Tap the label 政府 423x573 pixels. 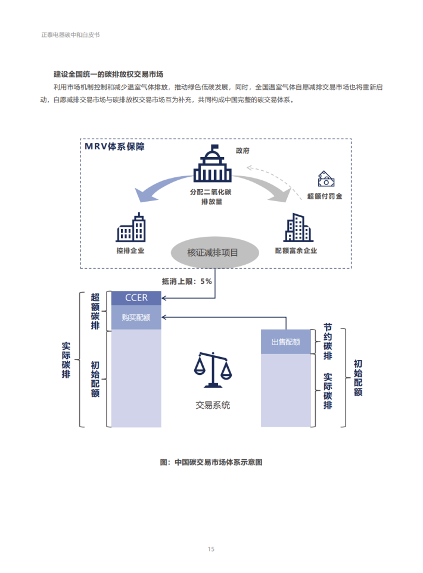coord(242,151)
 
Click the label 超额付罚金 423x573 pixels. coord(325,196)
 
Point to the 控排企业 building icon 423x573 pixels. coord(131,227)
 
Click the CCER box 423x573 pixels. coord(136,298)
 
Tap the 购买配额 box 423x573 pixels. coord(136,318)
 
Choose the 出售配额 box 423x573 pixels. coord(286,342)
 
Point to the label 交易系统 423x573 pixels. coord(213,405)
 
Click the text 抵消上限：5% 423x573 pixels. coord(186,281)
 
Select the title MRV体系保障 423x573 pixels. coord(114,146)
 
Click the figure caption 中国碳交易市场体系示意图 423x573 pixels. coord(211,462)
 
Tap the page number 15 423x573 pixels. coord(211,549)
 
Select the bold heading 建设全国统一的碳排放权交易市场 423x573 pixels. coord(108,74)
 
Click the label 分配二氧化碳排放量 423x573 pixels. coord(211,197)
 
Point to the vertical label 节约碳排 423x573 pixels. coord(327,342)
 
